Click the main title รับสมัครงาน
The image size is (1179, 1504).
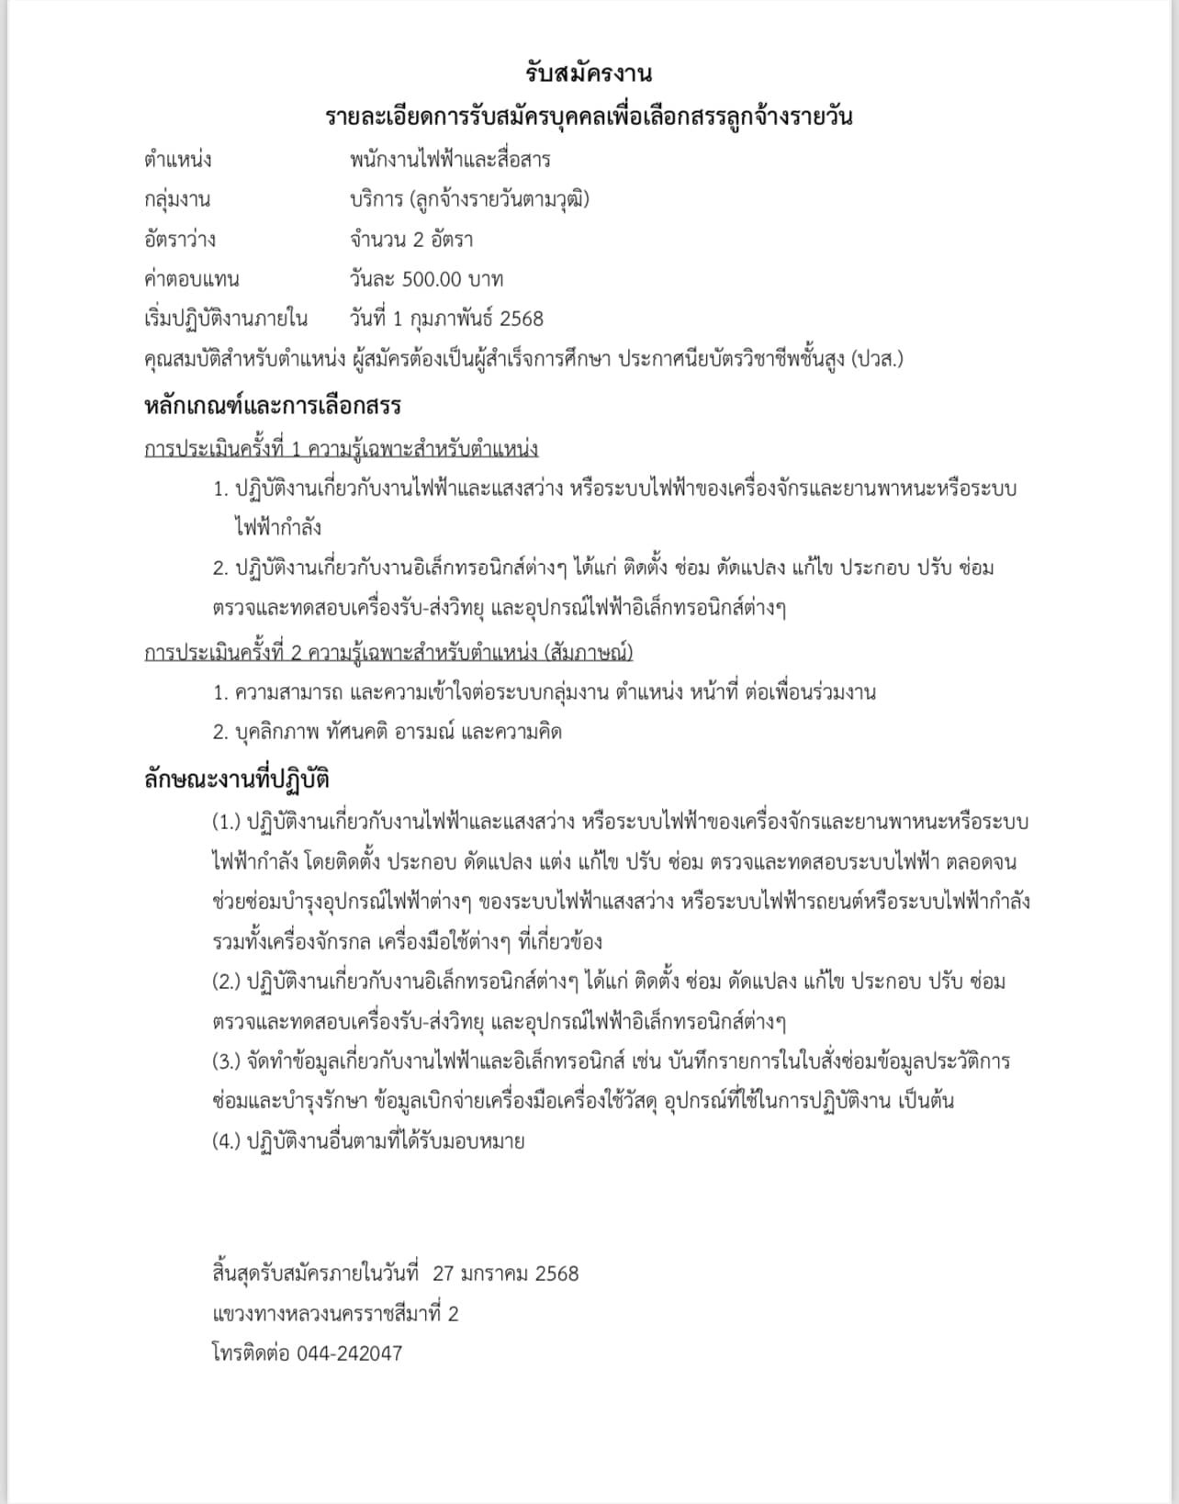(x=589, y=73)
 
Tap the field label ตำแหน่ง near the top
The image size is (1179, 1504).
(x=177, y=160)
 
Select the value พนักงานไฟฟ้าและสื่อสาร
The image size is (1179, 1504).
(x=450, y=160)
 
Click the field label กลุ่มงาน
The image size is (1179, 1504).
(x=177, y=199)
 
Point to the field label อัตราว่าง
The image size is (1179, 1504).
(x=180, y=240)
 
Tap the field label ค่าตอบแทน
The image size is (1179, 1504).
(x=192, y=279)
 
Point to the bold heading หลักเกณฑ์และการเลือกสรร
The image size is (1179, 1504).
(x=273, y=406)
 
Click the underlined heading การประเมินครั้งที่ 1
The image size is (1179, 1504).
(x=341, y=449)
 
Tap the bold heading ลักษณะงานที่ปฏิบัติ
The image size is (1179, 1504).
(x=237, y=780)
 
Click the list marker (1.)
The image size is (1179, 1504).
(x=226, y=822)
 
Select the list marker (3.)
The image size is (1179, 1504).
(x=226, y=1061)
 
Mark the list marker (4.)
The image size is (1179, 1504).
(x=226, y=1141)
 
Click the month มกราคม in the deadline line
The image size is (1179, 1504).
(x=496, y=1274)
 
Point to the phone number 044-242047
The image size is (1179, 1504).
(x=349, y=1353)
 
